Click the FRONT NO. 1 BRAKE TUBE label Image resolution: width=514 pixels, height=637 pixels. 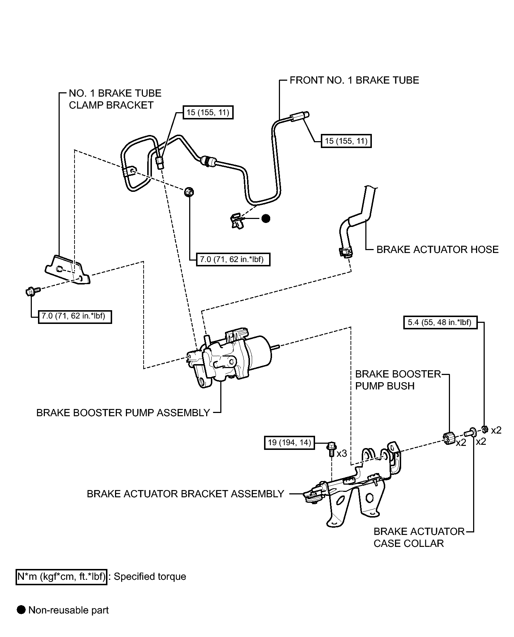[354, 80]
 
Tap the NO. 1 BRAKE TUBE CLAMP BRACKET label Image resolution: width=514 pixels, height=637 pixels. [115, 99]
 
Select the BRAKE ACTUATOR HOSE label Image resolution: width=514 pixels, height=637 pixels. [437, 249]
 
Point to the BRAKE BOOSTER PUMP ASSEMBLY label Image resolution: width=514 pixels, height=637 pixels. [123, 413]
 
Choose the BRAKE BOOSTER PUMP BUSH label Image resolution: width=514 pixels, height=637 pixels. [398, 380]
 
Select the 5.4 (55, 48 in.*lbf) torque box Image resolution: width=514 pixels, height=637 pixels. [440, 322]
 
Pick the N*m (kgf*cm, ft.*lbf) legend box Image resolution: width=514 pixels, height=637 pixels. [61, 577]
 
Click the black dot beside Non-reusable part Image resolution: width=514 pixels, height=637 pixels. [22, 610]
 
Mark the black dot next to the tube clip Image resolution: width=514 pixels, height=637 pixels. [266, 218]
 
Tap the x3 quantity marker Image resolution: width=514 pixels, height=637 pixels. [341, 453]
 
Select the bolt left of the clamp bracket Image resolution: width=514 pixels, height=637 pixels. [31, 290]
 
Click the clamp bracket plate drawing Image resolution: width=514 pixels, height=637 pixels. [68, 270]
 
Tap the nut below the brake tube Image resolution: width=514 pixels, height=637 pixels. [188, 192]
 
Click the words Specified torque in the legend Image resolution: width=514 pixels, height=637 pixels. [150, 577]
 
